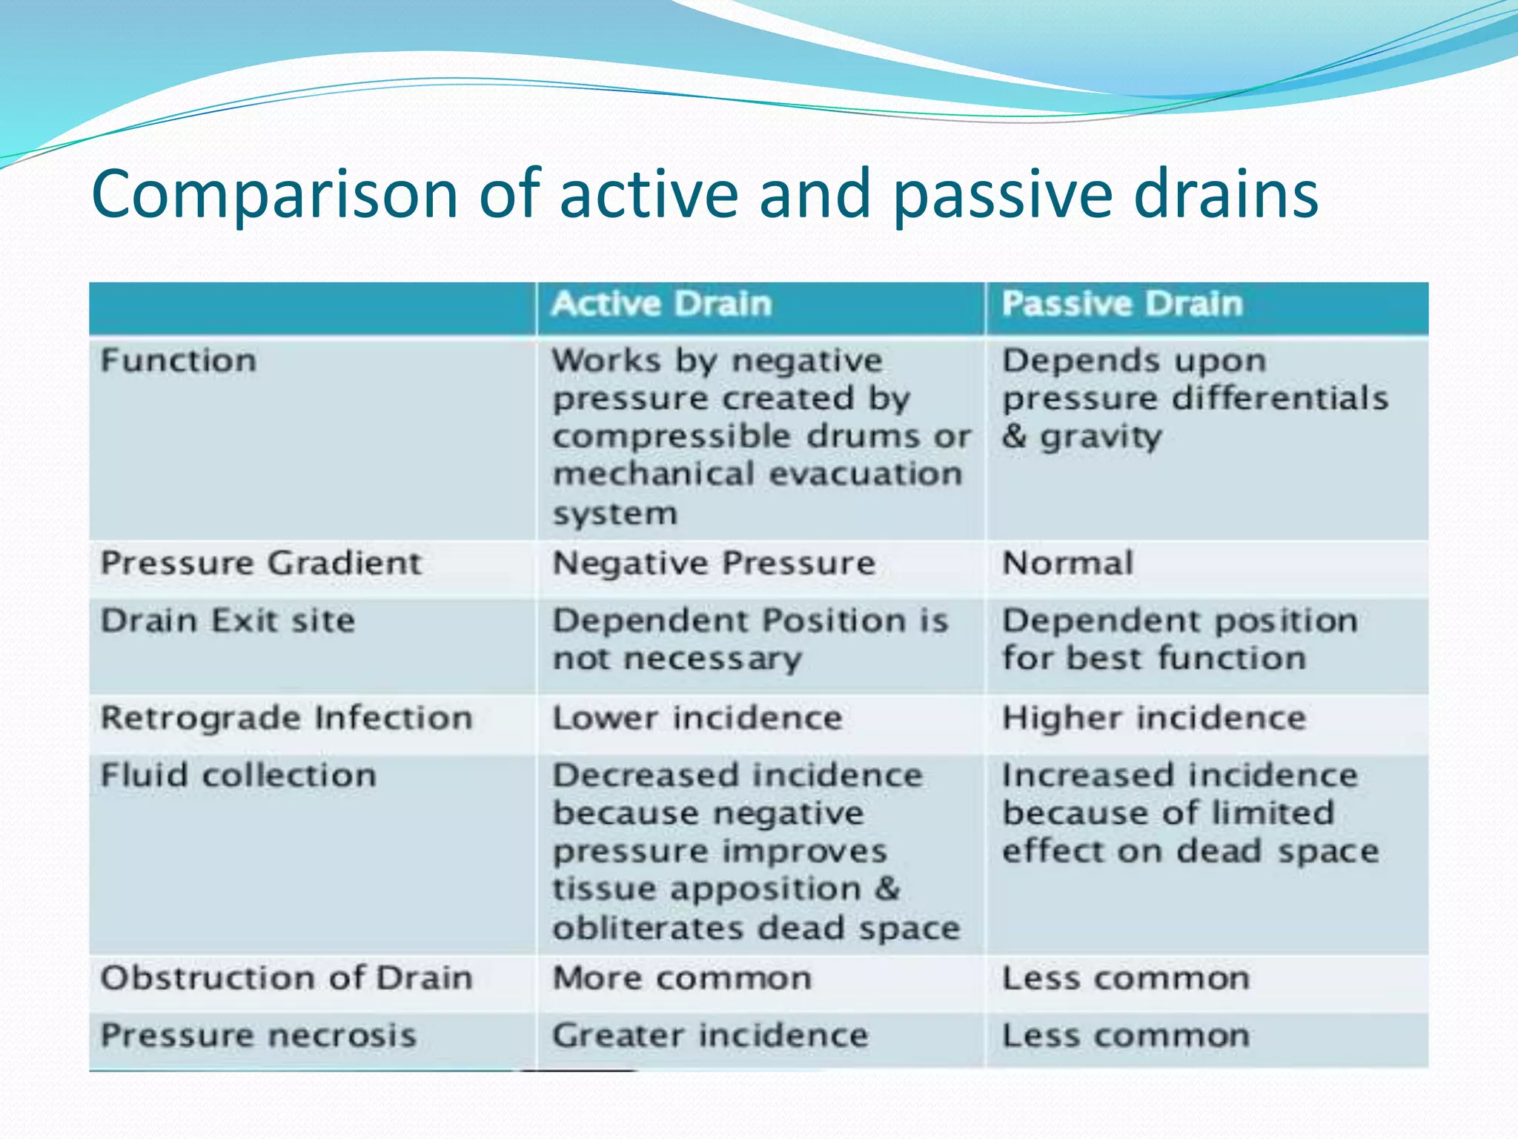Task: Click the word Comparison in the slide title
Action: click(274, 194)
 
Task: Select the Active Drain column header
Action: click(661, 305)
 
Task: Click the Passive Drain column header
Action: click(1121, 305)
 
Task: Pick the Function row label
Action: click(179, 361)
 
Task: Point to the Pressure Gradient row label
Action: click(261, 564)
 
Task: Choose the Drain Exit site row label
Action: click(228, 621)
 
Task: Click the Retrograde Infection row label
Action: click(286, 719)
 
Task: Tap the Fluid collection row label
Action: click(238, 776)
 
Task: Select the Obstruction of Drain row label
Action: click(286, 978)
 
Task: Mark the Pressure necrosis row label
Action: click(258, 1035)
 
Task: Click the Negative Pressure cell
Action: click(714, 564)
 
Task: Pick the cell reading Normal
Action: click(1067, 564)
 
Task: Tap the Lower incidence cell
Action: click(697, 719)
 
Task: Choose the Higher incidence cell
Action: click(1153, 719)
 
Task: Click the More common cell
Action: click(682, 978)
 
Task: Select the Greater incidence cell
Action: click(709, 1035)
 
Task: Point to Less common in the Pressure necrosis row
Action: click(1125, 1035)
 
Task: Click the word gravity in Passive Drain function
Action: click(1101, 438)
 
